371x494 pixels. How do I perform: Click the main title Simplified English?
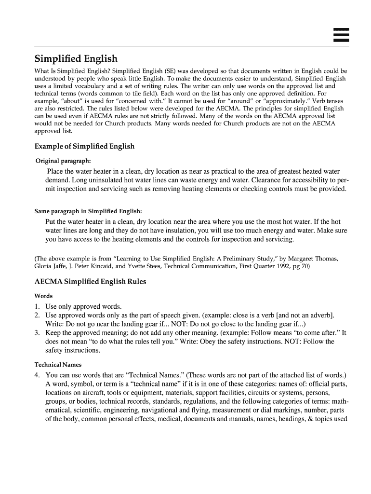(x=76, y=59)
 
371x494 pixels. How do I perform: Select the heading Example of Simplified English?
(x=85, y=146)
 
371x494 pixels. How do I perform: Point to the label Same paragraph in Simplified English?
(x=88, y=211)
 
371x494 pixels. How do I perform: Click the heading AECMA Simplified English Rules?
(x=91, y=281)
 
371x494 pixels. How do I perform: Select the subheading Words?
(x=44, y=296)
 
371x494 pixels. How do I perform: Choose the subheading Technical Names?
(x=57, y=365)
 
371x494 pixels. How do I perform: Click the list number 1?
(x=37, y=306)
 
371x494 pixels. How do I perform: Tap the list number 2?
(x=37, y=315)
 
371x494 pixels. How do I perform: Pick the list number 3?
(x=37, y=333)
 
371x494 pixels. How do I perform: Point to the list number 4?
(x=37, y=375)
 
